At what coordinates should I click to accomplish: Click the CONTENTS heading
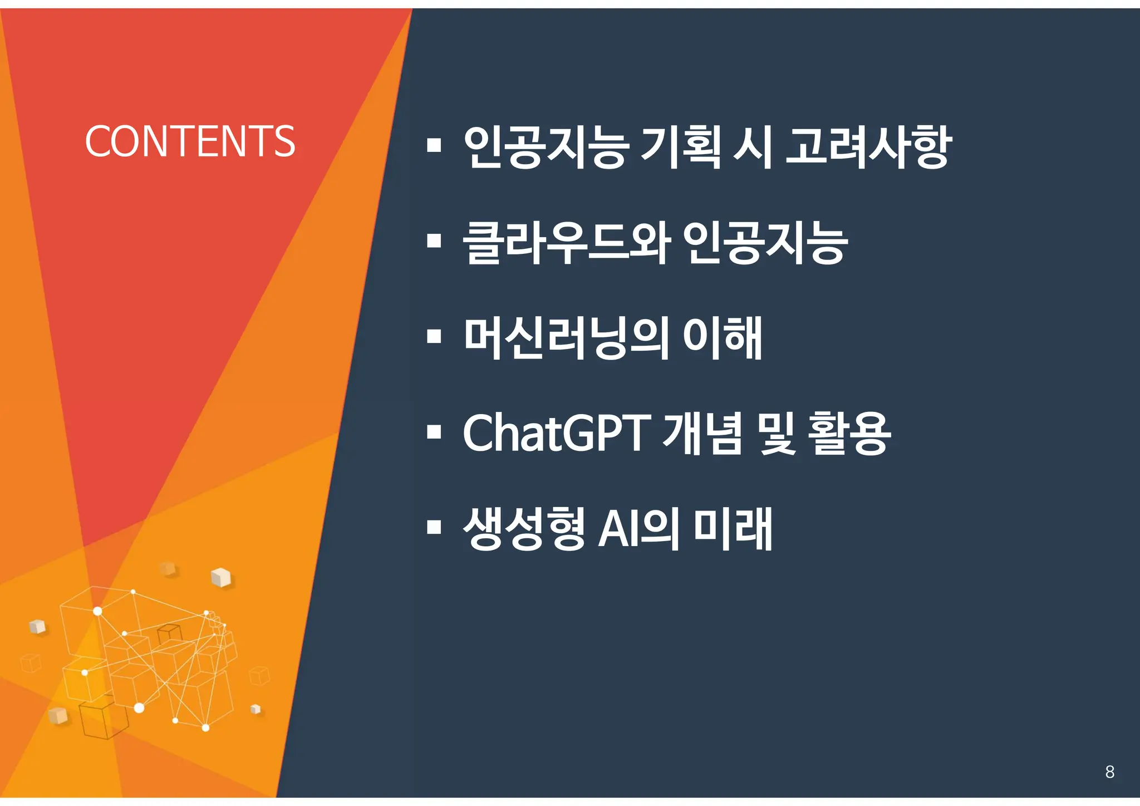[190, 142]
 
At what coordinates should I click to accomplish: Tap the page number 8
[1109, 772]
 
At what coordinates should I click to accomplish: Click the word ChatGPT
[556, 433]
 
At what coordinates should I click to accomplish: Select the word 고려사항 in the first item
[868, 147]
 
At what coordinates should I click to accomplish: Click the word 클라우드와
[567, 243]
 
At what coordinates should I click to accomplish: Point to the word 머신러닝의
[567, 338]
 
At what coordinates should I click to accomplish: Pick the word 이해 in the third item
[722, 338]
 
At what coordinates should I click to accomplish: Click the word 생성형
[524, 528]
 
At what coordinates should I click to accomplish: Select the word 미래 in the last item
[733, 528]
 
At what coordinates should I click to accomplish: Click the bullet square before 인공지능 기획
[434, 146]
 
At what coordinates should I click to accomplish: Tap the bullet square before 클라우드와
[434, 241]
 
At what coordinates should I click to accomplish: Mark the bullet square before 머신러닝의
[434, 336]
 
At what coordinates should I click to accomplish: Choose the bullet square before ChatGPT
[434, 431]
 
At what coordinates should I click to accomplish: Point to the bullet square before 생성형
[434, 527]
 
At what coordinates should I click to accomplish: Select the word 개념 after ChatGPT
[702, 433]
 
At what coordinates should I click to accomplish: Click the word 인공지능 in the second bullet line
[765, 243]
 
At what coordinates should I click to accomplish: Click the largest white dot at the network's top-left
[97, 611]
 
